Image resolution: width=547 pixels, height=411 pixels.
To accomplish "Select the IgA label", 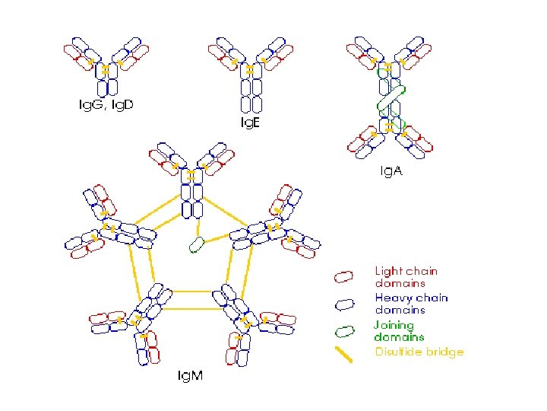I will [391, 172].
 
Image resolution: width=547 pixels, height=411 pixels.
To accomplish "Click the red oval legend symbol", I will [346, 276].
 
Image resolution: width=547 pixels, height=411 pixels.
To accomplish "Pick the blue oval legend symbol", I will [346, 304].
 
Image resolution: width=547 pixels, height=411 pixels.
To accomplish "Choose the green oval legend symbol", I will [346, 331].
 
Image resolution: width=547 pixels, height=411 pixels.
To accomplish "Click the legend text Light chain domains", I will [406, 276].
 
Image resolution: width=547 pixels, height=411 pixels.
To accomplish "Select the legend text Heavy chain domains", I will [411, 304].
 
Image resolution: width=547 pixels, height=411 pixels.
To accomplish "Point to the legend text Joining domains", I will [400, 330].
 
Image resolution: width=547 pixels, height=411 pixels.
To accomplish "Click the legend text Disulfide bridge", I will [419, 352].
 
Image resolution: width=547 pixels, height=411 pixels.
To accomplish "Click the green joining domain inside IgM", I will [198, 244].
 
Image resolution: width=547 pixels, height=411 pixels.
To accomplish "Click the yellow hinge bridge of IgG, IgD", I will [106, 69].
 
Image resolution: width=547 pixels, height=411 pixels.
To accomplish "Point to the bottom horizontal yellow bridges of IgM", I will [192, 300].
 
